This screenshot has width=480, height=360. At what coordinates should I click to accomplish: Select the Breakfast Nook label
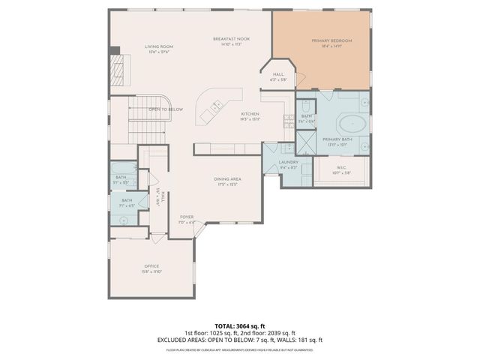click(x=230, y=38)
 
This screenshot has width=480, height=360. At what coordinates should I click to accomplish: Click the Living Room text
click(x=158, y=46)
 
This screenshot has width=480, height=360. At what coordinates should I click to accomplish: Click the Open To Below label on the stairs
click(x=165, y=109)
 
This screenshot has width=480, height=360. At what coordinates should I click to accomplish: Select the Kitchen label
click(x=250, y=114)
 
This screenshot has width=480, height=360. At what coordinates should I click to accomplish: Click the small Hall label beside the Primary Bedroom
click(x=278, y=75)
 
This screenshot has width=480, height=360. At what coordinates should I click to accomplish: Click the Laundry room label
click(x=289, y=162)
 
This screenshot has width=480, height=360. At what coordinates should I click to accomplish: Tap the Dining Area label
click(x=227, y=178)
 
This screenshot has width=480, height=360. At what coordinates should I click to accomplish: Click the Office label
click(x=152, y=266)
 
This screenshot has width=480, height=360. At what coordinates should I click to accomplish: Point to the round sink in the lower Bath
click(x=123, y=220)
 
